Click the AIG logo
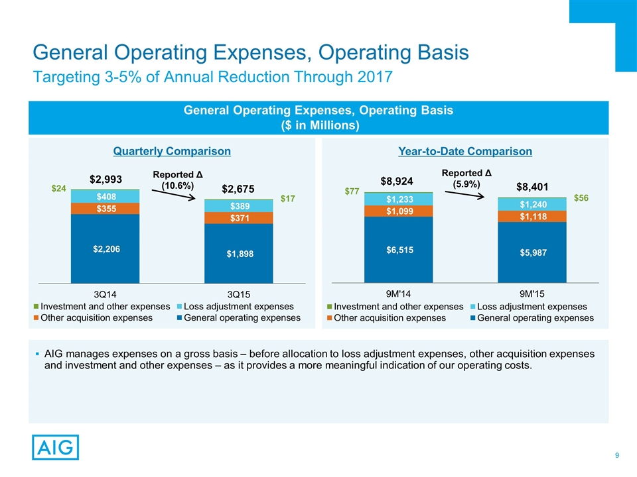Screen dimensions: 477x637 (55, 447)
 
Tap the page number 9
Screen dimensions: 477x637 (617, 455)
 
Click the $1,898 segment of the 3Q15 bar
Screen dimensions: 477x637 (238, 253)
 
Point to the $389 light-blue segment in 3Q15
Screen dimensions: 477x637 (238, 206)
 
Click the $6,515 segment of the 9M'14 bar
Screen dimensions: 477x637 (398, 249)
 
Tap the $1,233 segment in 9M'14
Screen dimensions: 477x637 (398, 199)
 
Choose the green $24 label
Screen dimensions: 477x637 (60, 189)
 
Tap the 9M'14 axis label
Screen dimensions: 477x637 (398, 292)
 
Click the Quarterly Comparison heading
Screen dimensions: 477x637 (171, 152)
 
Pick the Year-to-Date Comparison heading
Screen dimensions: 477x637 (465, 152)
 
